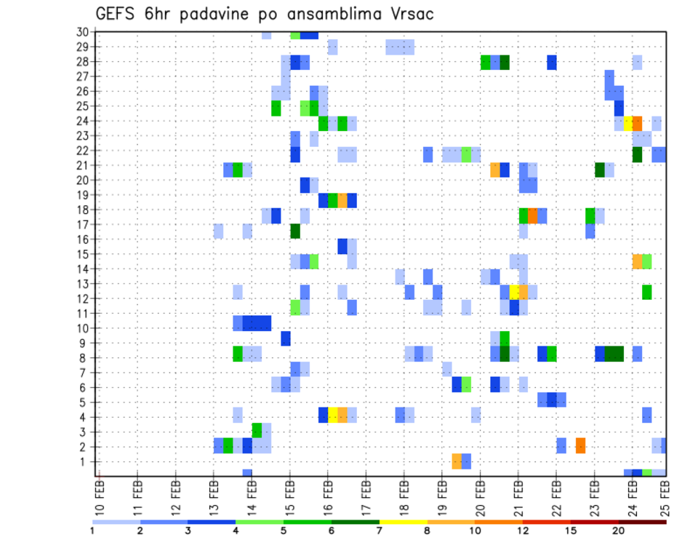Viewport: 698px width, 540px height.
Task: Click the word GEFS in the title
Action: click(x=117, y=14)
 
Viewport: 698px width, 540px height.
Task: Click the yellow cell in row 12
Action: click(x=514, y=292)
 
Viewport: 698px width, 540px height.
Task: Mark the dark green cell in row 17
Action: click(x=295, y=231)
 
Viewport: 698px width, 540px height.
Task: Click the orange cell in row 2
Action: click(x=580, y=445)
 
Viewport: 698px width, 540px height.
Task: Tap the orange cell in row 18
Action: click(x=532, y=215)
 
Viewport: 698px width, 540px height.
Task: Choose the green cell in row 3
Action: click(x=257, y=430)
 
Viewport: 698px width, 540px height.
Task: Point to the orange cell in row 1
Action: click(x=457, y=461)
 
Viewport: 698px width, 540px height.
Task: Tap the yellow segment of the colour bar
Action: click(x=403, y=521)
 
